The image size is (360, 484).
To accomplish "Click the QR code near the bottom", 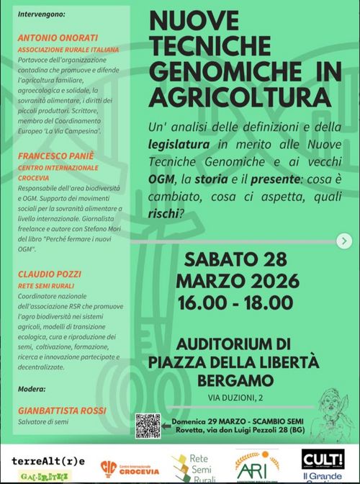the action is click(x=147, y=426).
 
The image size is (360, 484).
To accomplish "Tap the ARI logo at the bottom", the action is click(x=256, y=466).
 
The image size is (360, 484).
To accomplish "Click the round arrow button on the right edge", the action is click(x=346, y=241).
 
